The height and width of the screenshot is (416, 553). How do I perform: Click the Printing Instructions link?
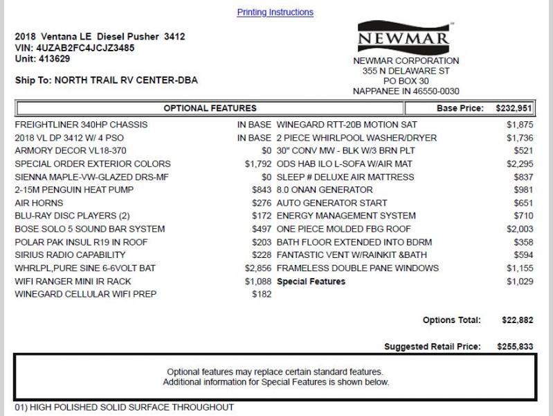275,12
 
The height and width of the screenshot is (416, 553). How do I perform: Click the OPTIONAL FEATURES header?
210,108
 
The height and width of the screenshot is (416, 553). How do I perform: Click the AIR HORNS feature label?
39,203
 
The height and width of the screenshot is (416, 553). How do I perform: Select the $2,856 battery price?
257,268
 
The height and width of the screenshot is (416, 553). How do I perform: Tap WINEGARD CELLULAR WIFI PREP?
86,295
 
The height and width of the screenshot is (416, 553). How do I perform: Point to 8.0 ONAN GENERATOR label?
325,190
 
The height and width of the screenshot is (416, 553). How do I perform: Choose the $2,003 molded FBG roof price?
520,229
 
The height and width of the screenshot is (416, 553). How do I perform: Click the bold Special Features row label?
311,281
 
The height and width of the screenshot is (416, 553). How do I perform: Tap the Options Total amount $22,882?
517,320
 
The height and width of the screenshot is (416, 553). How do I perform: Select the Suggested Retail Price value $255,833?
515,346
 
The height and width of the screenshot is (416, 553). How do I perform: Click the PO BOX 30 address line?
406,81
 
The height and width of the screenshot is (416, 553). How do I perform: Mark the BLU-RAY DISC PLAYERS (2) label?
72,216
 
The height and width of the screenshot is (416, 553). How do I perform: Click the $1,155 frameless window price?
520,268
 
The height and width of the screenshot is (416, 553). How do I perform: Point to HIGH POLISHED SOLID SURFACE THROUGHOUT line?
125,408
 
